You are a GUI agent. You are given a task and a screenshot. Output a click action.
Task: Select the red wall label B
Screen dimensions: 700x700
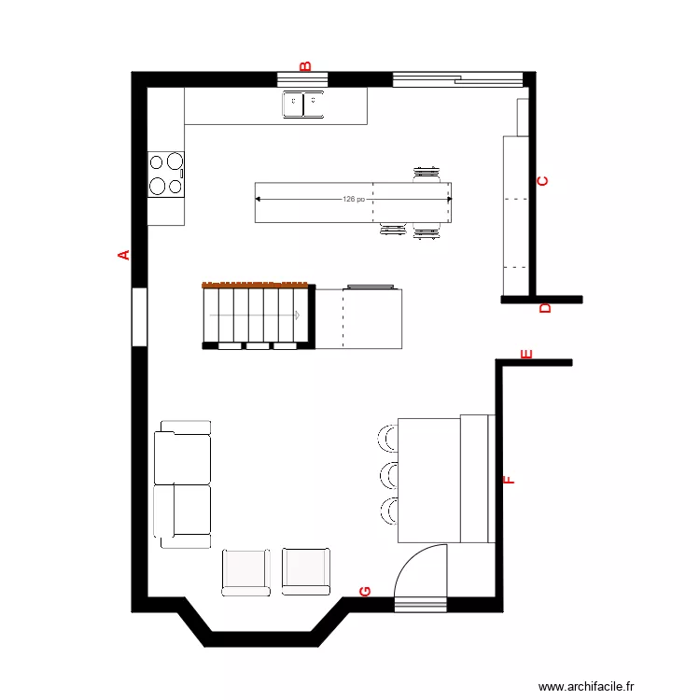point(304,65)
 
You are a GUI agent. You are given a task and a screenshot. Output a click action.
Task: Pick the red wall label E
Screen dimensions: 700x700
point(525,354)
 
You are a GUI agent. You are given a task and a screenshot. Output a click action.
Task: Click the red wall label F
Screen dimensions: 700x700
point(510,481)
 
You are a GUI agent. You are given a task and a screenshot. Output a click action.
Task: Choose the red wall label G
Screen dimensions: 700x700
point(365,592)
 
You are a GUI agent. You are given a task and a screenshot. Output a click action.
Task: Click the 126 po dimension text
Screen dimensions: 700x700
point(354,199)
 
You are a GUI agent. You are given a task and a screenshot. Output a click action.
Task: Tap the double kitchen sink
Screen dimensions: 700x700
point(303,104)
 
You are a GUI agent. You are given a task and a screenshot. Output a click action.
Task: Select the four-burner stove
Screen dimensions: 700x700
point(166,174)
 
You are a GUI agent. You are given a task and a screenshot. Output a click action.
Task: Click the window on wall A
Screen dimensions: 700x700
point(138,317)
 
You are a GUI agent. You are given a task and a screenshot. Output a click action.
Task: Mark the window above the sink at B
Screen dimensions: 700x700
point(303,78)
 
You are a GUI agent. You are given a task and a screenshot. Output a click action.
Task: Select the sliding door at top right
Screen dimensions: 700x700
point(456,78)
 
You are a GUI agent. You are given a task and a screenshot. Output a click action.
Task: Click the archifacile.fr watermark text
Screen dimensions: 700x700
point(586,686)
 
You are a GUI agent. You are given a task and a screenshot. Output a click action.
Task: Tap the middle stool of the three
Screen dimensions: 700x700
point(386,475)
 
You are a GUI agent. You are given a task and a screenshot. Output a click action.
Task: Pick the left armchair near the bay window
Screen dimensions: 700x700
point(246,571)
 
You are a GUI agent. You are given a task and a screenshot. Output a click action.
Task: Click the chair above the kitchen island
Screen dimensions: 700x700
point(427,173)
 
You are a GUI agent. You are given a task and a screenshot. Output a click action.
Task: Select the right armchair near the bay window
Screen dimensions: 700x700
point(306,571)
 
